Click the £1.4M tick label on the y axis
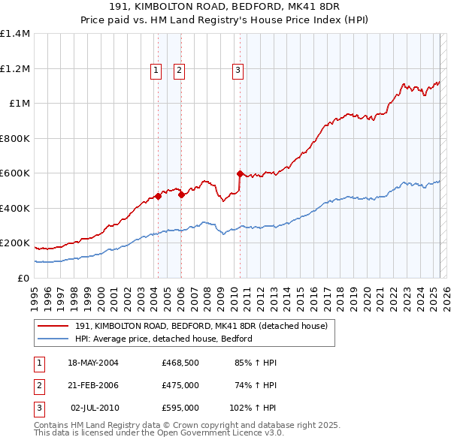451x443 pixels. (x=16, y=34)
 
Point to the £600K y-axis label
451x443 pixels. (x=16, y=173)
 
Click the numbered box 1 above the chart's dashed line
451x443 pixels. (x=156, y=71)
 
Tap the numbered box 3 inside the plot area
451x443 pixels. (x=238, y=71)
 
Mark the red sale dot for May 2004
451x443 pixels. (x=159, y=197)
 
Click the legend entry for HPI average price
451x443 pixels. (x=163, y=339)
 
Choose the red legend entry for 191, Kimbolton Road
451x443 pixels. (x=201, y=327)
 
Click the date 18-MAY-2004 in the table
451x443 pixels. (x=93, y=363)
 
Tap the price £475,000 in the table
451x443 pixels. (x=180, y=385)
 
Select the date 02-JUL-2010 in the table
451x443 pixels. (x=93, y=408)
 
